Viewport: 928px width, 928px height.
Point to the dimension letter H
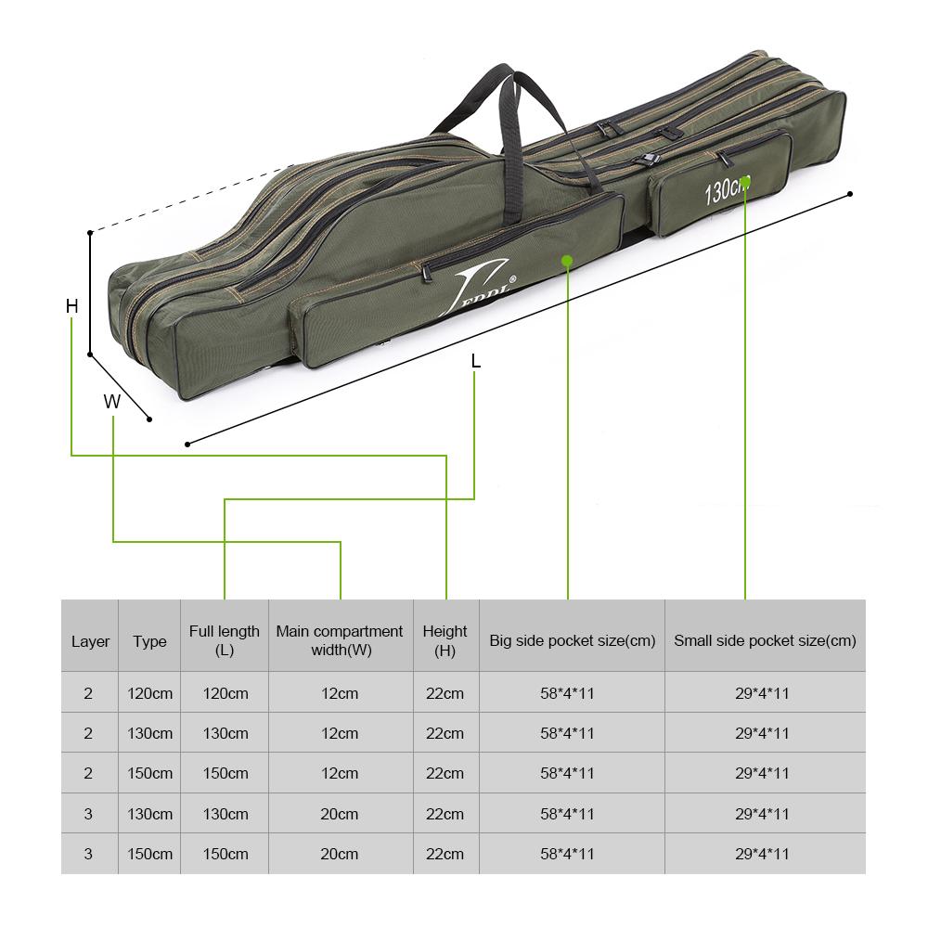[71, 305]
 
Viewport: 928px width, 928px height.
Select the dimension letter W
[112, 402]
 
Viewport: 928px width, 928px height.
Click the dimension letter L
[476, 361]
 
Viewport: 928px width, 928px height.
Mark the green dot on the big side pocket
[567, 261]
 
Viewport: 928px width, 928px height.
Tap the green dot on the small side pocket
[745, 182]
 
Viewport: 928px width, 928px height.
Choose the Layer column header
[90, 641]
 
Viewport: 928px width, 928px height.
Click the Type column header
[149, 641]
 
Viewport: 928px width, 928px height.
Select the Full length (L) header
[225, 641]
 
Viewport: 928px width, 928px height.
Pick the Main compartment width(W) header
[340, 641]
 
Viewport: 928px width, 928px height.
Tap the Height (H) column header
[445, 641]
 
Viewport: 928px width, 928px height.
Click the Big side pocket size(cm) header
[572, 640]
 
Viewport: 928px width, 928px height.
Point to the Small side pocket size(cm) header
[765, 640]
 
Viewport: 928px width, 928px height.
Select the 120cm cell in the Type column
[149, 693]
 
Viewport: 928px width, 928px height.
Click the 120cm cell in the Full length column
[225, 693]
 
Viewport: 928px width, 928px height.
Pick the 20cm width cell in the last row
[340, 854]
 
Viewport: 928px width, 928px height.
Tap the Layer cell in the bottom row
[88, 854]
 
